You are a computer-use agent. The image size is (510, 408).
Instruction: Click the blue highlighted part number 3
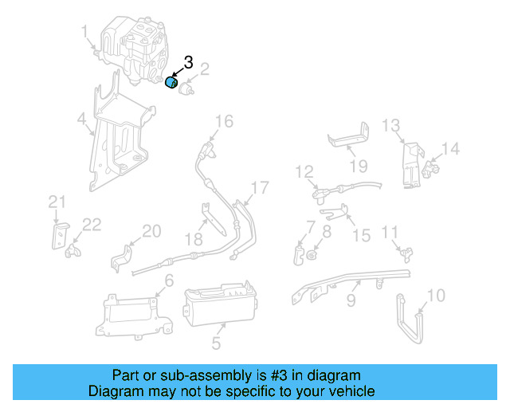pyautogui.click(x=171, y=82)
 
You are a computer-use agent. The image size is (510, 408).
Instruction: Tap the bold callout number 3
pyautogui.click(x=188, y=62)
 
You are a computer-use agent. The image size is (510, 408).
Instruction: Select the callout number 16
pyautogui.click(x=224, y=121)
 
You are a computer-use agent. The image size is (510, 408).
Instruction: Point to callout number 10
pyautogui.click(x=436, y=296)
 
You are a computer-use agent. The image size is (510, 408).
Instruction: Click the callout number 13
pyautogui.click(x=390, y=125)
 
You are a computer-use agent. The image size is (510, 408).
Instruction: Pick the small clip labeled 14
pyautogui.click(x=430, y=169)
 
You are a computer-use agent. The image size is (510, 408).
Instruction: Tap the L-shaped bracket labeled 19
pyautogui.click(x=349, y=139)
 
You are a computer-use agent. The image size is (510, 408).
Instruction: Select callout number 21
pyautogui.click(x=57, y=202)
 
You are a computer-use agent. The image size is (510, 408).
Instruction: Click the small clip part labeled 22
pyautogui.click(x=73, y=250)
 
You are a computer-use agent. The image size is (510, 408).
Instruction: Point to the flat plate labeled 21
pyautogui.click(x=61, y=236)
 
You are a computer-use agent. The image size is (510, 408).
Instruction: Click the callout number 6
pyautogui.click(x=169, y=280)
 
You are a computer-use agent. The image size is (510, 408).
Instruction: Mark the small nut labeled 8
pyautogui.click(x=312, y=255)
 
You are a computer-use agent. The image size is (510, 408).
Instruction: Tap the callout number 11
pyautogui.click(x=390, y=233)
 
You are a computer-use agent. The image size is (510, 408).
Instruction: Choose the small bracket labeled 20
pyautogui.click(x=121, y=258)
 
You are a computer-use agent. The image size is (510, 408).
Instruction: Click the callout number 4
pyautogui.click(x=81, y=119)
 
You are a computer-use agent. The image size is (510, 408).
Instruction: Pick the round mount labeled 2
pyautogui.click(x=186, y=88)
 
